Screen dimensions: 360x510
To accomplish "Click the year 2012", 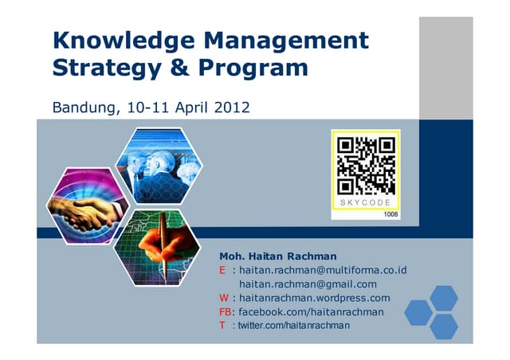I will (x=233, y=105).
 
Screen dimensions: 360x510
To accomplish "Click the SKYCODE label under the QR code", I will (x=366, y=203).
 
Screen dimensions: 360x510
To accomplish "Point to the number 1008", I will (x=390, y=214).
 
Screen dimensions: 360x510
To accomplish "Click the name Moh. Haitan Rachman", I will (x=273, y=256).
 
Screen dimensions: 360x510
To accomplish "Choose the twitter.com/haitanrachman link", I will (x=293, y=327).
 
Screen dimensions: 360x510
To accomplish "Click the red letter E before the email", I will (x=223, y=270).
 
